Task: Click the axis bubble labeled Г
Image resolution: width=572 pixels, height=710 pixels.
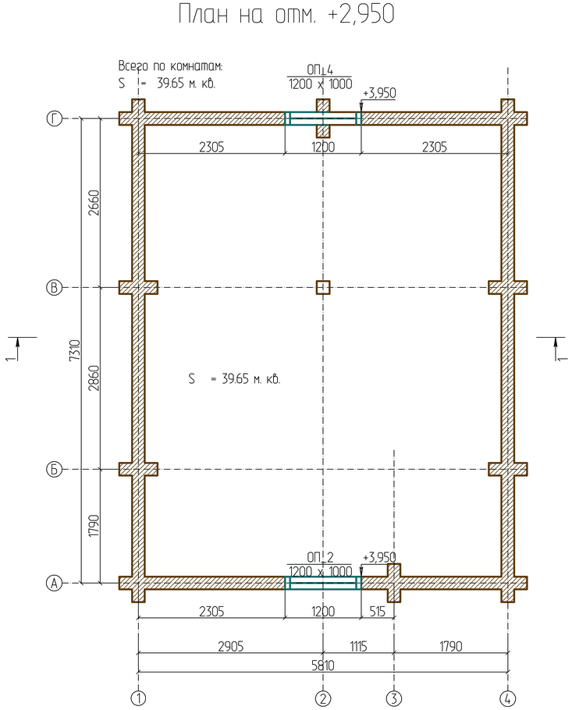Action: [x=54, y=119]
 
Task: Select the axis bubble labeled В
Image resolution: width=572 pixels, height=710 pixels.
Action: [x=54, y=288]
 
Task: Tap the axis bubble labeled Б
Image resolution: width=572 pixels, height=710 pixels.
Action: [x=54, y=470]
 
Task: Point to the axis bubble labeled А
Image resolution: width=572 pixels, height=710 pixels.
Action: [x=54, y=583]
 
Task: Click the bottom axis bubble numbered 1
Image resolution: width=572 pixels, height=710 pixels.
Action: [x=139, y=698]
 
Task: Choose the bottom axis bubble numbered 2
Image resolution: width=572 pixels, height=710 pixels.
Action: [x=323, y=698]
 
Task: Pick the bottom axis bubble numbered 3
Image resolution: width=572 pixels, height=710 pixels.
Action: [x=394, y=698]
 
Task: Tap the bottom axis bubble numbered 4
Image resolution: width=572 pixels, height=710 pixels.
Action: [x=508, y=698]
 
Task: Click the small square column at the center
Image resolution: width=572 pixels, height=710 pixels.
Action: [x=323, y=288]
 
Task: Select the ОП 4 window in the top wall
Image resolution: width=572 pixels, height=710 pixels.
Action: [x=323, y=119]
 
